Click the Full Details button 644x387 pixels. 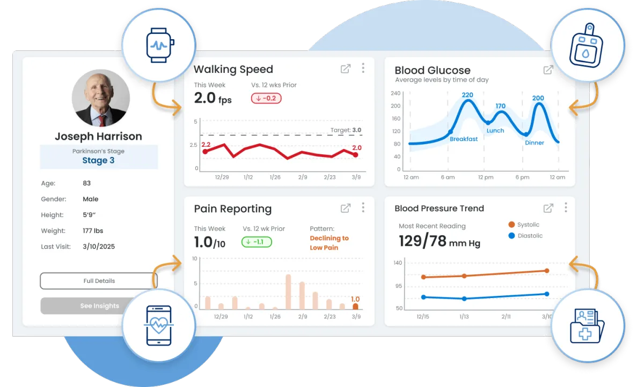click(x=99, y=281)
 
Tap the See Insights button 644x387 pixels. click(x=91, y=306)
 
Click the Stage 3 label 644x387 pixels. click(x=98, y=160)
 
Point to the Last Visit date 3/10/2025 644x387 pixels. click(x=99, y=247)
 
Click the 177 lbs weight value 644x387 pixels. click(x=93, y=231)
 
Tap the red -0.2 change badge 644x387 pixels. click(x=266, y=98)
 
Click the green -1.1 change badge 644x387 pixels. click(x=257, y=242)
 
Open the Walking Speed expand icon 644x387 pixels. click(x=346, y=69)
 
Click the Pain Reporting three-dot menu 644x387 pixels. click(x=363, y=207)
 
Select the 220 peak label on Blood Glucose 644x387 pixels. click(x=467, y=95)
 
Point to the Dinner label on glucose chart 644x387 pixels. click(x=535, y=143)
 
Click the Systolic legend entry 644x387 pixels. click(x=524, y=225)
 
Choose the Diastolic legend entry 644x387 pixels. click(x=525, y=236)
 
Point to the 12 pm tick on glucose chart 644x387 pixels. click(x=485, y=177)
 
